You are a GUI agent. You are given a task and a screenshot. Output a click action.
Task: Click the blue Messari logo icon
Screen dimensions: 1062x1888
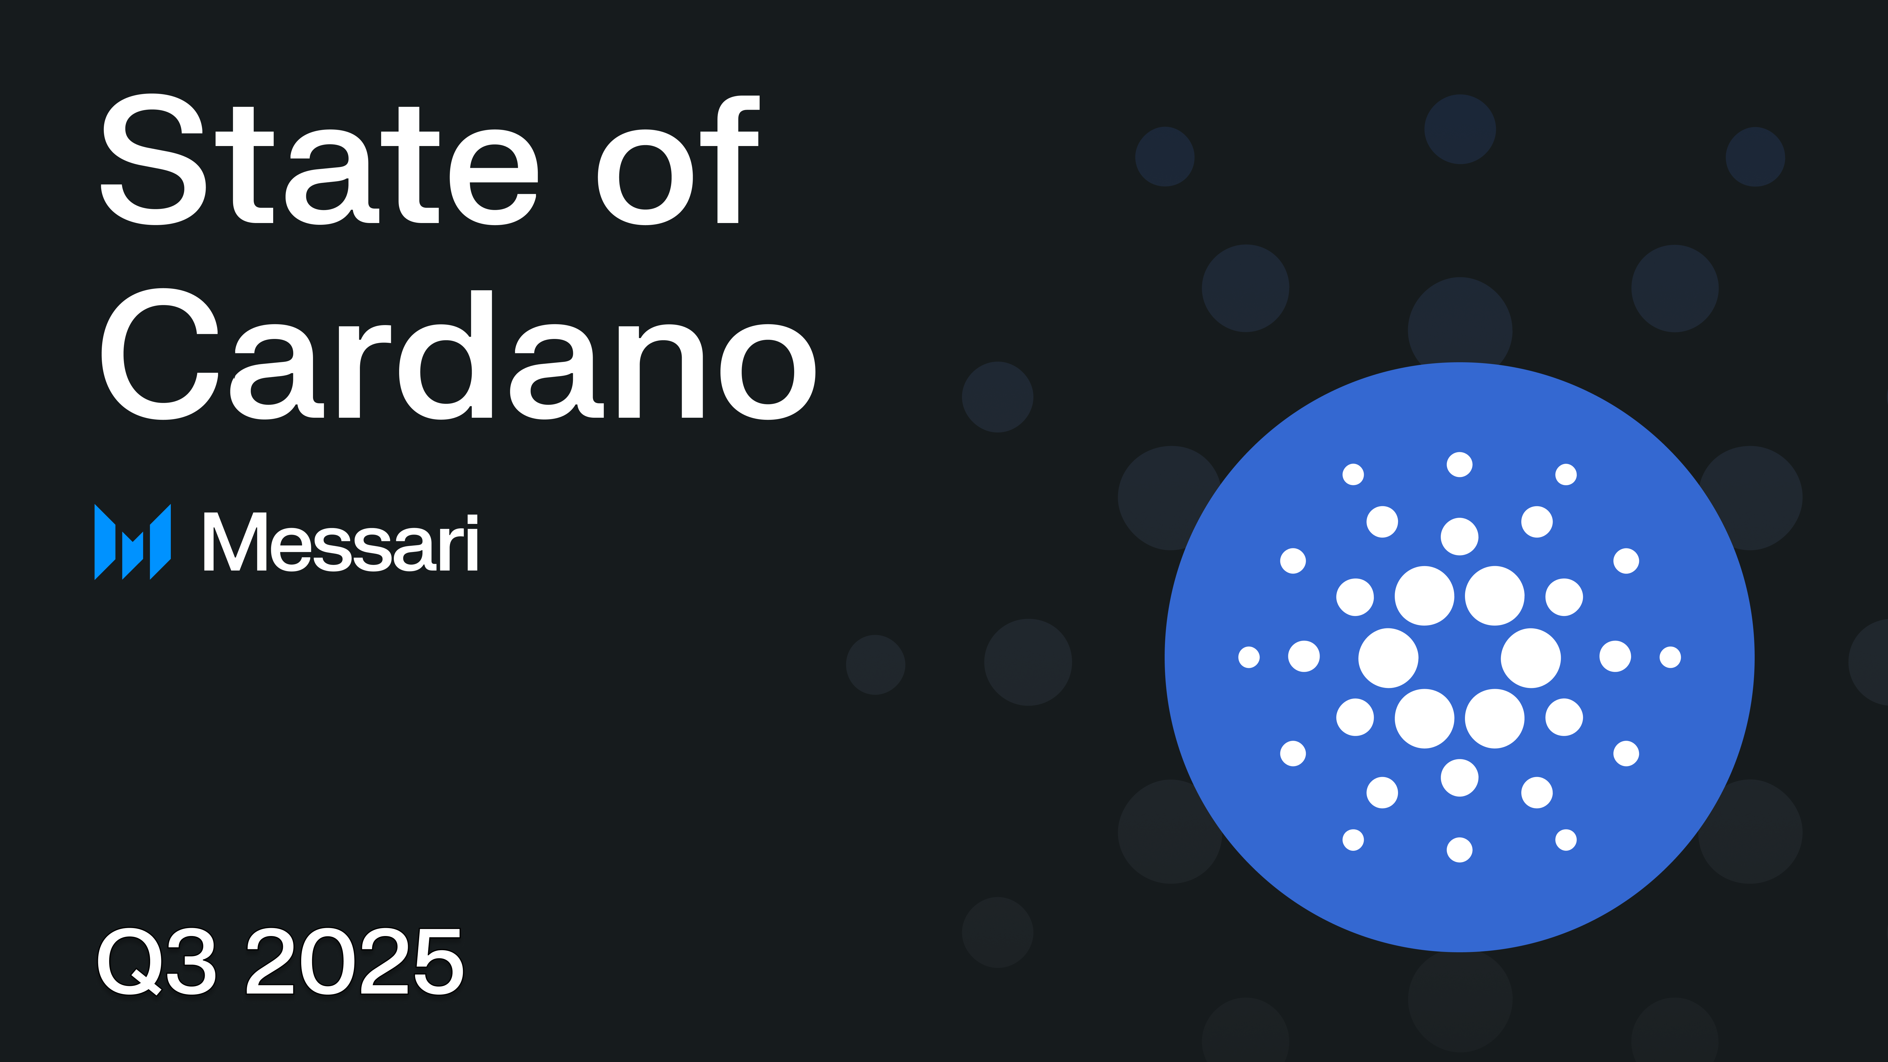pyautogui.click(x=133, y=543)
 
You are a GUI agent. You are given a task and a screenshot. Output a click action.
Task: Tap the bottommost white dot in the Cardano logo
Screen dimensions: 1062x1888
pyautogui.click(x=1459, y=850)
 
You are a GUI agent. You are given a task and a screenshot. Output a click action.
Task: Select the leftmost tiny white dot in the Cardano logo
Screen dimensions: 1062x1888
pyautogui.click(x=1249, y=658)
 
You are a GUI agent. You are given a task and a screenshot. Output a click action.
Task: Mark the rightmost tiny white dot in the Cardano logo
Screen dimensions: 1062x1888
pyautogui.click(x=1670, y=658)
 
